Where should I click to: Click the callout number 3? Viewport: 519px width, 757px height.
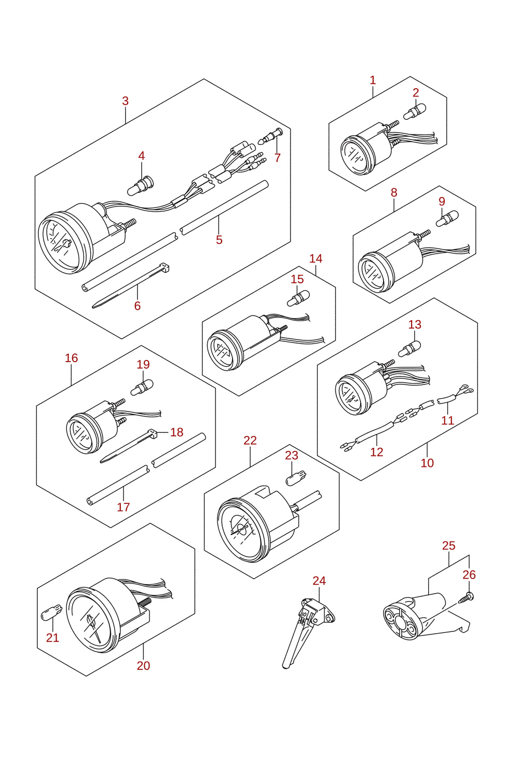[126, 101]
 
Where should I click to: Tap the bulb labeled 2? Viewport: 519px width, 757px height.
[415, 112]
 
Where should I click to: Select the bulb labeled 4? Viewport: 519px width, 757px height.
[140, 186]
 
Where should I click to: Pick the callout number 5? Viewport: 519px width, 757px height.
[219, 240]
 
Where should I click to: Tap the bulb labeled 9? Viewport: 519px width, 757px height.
[447, 218]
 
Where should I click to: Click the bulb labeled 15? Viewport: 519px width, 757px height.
[298, 298]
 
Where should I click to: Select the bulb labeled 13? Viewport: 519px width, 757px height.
[409, 349]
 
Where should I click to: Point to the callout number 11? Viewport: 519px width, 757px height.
[448, 420]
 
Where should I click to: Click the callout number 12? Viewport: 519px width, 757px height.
[377, 452]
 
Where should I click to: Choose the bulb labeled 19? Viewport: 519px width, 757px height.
[142, 388]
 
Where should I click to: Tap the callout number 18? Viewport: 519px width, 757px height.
[177, 432]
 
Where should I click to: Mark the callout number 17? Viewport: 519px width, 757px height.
[124, 507]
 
